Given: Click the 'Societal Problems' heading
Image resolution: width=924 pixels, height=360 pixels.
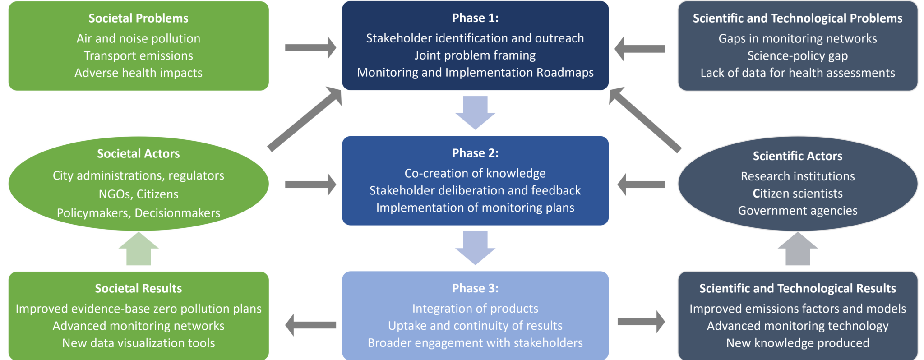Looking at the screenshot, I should (x=138, y=18).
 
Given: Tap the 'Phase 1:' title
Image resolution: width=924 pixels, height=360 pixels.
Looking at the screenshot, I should (x=475, y=18).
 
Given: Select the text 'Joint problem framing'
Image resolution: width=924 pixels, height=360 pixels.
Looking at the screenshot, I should (x=475, y=55).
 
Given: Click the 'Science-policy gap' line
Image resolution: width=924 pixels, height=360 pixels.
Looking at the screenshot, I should (x=797, y=56).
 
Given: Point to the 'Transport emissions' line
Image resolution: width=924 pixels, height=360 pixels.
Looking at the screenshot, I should (x=138, y=56).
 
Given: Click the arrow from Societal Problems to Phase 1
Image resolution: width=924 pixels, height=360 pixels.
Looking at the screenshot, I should (x=310, y=48).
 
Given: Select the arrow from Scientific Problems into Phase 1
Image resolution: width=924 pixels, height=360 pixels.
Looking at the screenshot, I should (x=640, y=49).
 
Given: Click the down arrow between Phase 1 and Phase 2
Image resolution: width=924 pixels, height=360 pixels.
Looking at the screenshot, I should (x=475, y=112).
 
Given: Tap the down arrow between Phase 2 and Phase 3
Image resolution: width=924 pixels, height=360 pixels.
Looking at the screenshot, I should (x=475, y=248).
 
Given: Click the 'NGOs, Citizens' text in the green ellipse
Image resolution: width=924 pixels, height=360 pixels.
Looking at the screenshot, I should (x=138, y=194).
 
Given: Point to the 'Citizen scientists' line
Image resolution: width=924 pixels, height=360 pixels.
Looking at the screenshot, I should (x=797, y=194).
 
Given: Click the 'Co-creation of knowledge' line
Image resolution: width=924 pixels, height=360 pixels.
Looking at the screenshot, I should (x=475, y=173).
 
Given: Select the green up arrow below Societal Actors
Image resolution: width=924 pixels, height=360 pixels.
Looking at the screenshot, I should (x=139, y=249).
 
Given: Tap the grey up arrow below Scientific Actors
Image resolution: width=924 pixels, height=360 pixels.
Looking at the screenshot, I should (x=798, y=249).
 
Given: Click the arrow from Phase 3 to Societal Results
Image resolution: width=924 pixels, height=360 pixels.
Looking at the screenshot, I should (x=310, y=325).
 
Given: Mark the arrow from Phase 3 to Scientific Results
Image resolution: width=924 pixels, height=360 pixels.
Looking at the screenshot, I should (x=641, y=322).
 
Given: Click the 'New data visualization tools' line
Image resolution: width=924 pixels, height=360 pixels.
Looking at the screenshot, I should (x=138, y=343).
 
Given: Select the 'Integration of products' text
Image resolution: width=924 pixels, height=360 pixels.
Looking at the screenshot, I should (x=475, y=309).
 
